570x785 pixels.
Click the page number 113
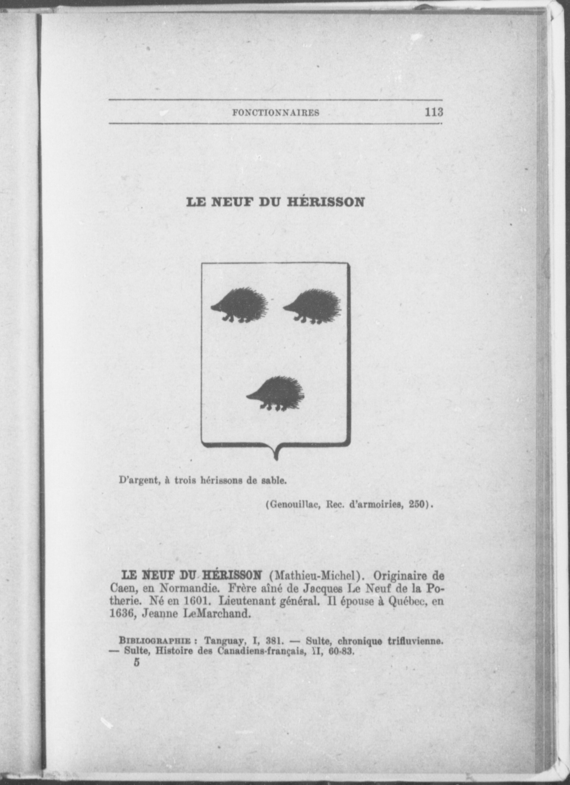[x=434, y=112]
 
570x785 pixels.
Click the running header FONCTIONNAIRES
[x=276, y=112]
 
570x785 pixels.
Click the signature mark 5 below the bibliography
[x=136, y=662]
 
